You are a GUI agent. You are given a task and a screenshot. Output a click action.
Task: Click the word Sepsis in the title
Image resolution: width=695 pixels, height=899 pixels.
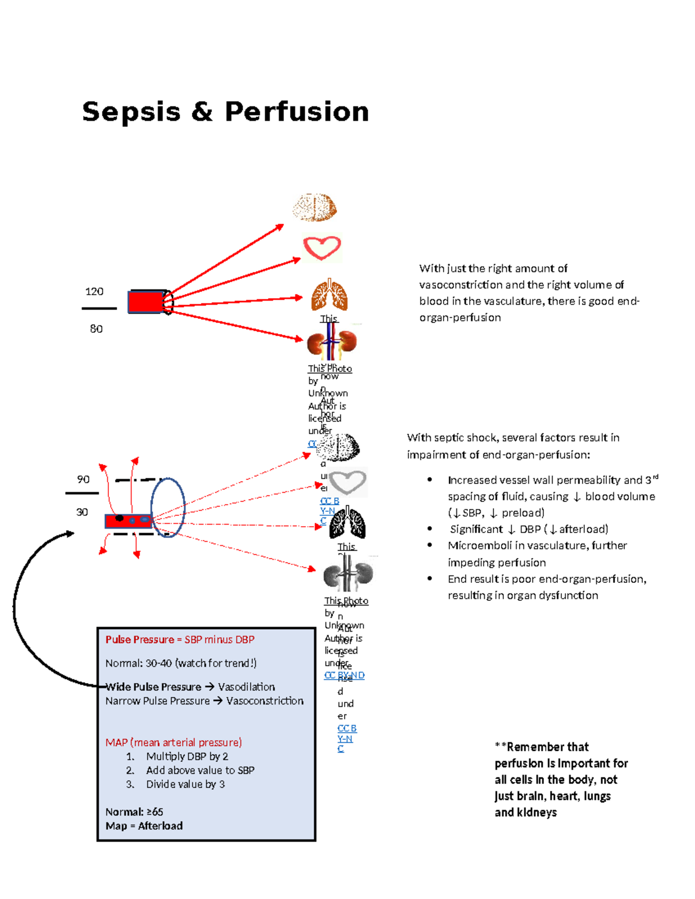tap(131, 112)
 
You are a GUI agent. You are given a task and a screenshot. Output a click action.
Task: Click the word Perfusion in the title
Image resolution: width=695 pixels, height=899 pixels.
tap(297, 112)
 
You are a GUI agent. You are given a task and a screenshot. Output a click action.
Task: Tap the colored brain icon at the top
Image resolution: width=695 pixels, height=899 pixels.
tap(314, 207)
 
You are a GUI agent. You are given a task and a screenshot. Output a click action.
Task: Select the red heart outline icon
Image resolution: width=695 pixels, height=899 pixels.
tap(322, 248)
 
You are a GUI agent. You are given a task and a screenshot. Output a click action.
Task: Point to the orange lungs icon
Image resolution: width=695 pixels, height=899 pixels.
tap(329, 295)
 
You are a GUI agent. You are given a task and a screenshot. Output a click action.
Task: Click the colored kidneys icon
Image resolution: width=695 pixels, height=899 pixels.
tap(332, 343)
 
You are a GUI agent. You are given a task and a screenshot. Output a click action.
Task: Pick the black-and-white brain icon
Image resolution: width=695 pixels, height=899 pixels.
tap(339, 447)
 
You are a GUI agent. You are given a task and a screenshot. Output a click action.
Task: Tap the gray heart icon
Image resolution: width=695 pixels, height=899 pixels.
tap(348, 482)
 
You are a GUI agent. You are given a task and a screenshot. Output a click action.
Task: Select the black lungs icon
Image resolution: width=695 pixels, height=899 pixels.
tap(348, 523)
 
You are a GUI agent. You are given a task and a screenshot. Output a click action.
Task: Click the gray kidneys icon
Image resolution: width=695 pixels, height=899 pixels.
tap(348, 574)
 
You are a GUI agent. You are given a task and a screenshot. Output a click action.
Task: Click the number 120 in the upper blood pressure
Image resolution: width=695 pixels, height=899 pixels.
tap(94, 292)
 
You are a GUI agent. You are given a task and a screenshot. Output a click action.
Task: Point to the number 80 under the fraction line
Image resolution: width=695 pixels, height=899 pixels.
tap(96, 329)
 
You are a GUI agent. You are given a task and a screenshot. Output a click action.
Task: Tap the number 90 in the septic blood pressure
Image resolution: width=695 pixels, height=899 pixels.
tap(83, 479)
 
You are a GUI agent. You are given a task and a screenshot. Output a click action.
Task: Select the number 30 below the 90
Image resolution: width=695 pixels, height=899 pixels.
tap(82, 512)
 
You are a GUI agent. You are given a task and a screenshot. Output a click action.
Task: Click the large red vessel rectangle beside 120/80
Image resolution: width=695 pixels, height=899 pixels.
tap(146, 302)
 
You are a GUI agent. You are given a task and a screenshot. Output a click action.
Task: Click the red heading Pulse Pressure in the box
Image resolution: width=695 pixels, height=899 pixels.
tap(140, 640)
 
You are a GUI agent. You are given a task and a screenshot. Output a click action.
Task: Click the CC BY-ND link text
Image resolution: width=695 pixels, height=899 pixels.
tap(345, 675)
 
